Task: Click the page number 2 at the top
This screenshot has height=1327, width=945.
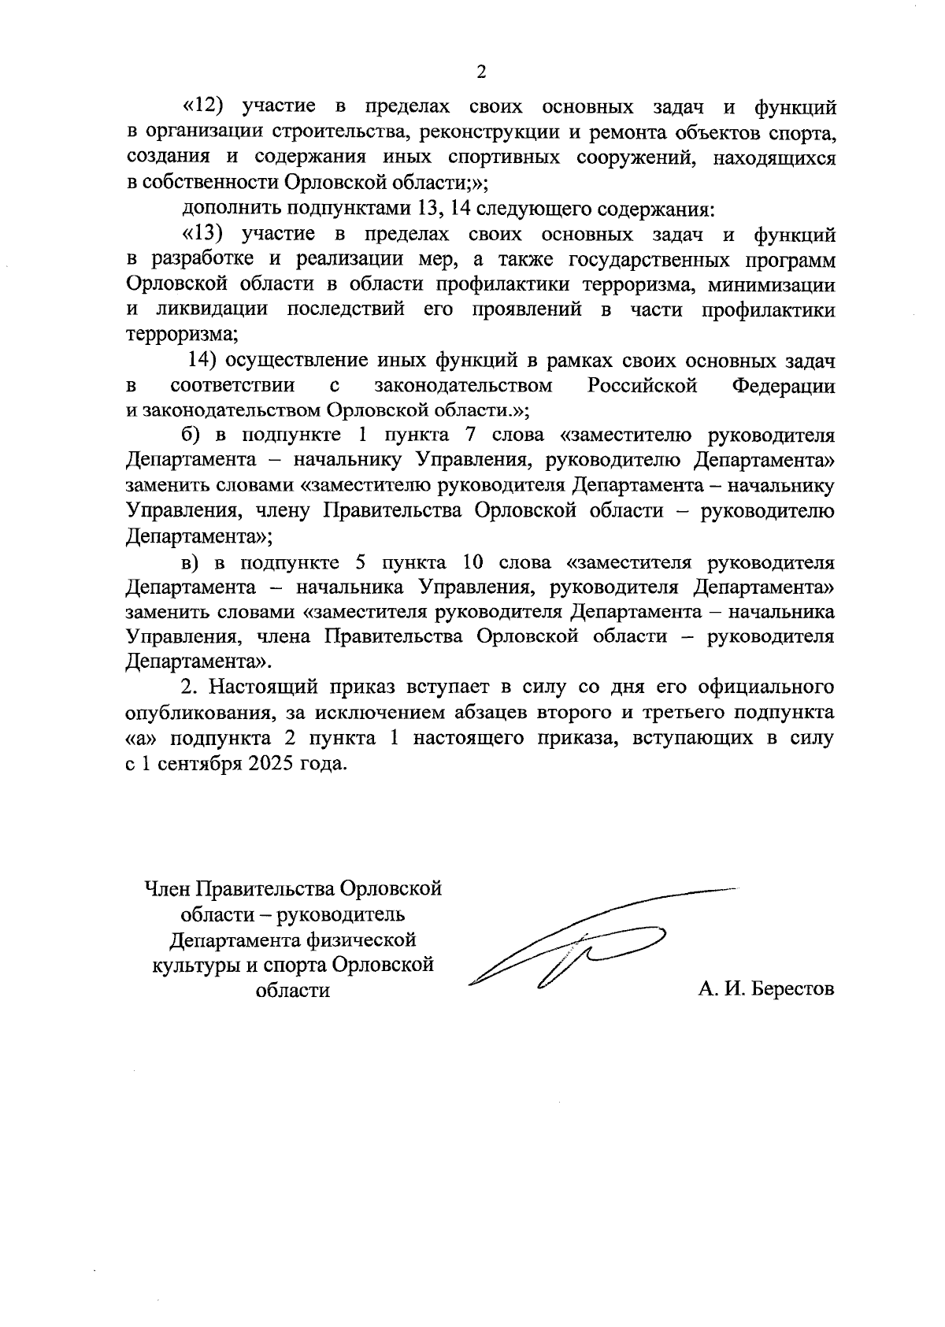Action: (481, 72)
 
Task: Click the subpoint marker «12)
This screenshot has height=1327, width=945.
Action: (205, 106)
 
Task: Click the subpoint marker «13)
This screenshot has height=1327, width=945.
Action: (205, 234)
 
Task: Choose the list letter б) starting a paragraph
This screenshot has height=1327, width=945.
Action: (191, 436)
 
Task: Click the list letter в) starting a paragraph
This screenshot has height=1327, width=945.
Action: (191, 563)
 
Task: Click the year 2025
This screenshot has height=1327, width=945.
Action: (263, 764)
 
